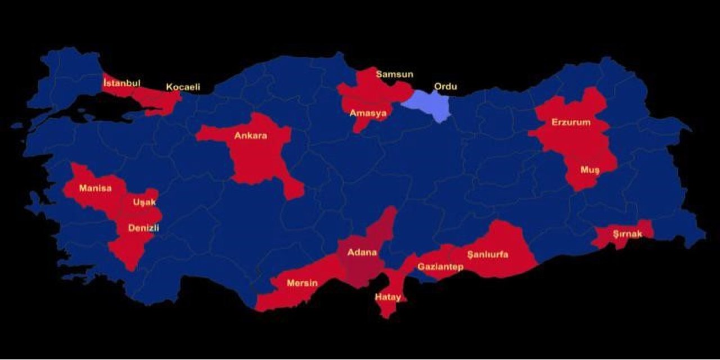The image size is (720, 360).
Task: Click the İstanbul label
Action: coord(121,83)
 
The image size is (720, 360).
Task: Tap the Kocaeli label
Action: coord(183,87)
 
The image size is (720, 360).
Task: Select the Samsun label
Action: coord(395,74)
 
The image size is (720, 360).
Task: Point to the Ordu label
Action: coord(445,87)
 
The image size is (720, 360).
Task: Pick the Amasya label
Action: coord(368,113)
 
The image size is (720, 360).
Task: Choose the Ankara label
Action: coord(251,136)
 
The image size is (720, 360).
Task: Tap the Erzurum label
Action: coord(571,122)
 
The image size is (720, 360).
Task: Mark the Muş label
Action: coord(590,170)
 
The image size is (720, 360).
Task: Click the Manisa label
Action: coord(95,188)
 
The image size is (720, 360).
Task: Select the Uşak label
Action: coord(145,202)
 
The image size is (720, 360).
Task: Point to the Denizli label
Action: coord(144,228)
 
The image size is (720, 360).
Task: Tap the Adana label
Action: coord(362,252)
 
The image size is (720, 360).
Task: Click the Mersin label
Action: coord(302,282)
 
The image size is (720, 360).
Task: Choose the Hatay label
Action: coord(388,296)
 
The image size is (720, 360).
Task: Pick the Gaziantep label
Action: coord(440,267)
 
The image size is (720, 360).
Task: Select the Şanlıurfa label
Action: coord(487,254)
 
